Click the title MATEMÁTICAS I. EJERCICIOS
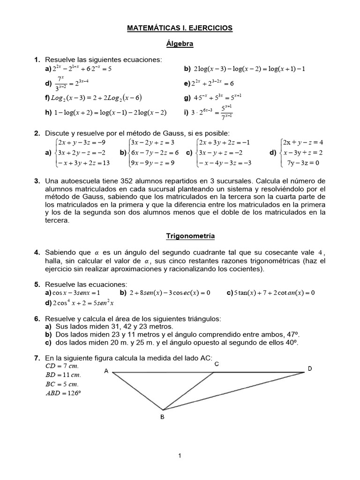coord(180,28)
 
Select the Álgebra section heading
coord(180,44)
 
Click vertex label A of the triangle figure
coord(106,371)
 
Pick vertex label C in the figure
coord(216,364)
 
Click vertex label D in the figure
coord(310,369)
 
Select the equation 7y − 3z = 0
coord(303,163)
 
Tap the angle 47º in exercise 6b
coord(293,334)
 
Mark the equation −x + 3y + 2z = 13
coord(83,163)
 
